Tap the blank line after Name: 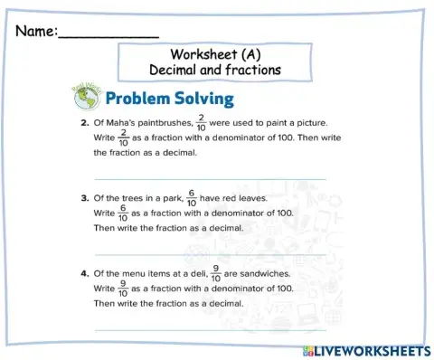(x=108, y=34)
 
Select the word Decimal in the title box (x=173, y=70)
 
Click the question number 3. (x=83, y=196)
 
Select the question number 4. (x=83, y=272)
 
